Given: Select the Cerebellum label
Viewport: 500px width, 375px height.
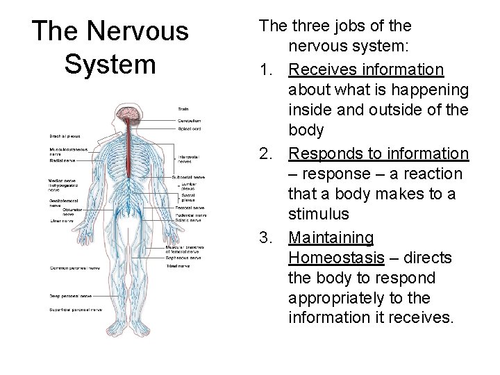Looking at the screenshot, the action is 187,121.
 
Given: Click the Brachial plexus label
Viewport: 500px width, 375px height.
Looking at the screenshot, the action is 65,135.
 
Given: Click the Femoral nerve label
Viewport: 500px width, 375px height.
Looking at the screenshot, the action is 190,207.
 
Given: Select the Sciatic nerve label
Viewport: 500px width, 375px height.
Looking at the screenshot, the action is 190,220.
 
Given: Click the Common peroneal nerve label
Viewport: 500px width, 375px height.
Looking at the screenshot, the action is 74,267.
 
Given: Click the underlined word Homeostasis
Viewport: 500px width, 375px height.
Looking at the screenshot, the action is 336,258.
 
